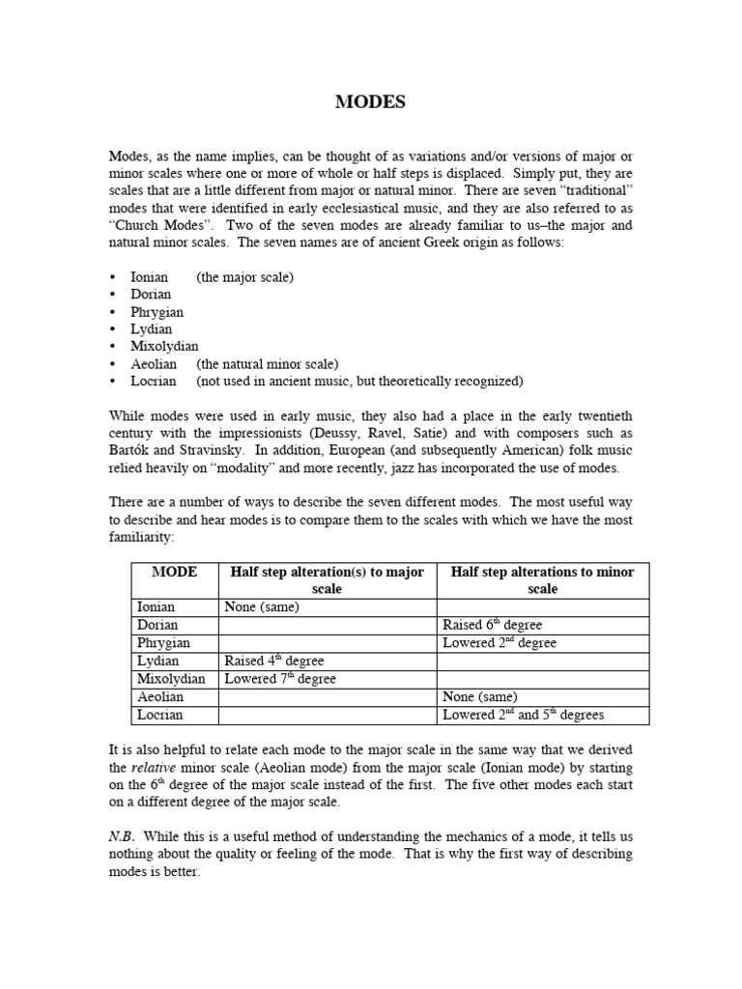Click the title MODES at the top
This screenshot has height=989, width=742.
(x=370, y=102)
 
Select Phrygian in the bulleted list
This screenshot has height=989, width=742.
(x=157, y=312)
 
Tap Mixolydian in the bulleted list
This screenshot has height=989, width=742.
(x=164, y=347)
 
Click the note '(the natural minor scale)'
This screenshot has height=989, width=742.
(x=268, y=364)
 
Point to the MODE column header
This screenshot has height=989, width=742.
(x=175, y=572)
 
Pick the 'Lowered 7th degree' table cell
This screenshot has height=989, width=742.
(x=280, y=679)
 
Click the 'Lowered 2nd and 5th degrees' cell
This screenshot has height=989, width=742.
(x=523, y=715)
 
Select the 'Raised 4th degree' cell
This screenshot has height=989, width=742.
(x=273, y=661)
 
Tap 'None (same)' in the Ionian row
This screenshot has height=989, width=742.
(x=262, y=608)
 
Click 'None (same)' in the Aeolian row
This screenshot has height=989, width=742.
(x=480, y=696)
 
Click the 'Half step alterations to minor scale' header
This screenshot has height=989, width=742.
(x=542, y=580)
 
